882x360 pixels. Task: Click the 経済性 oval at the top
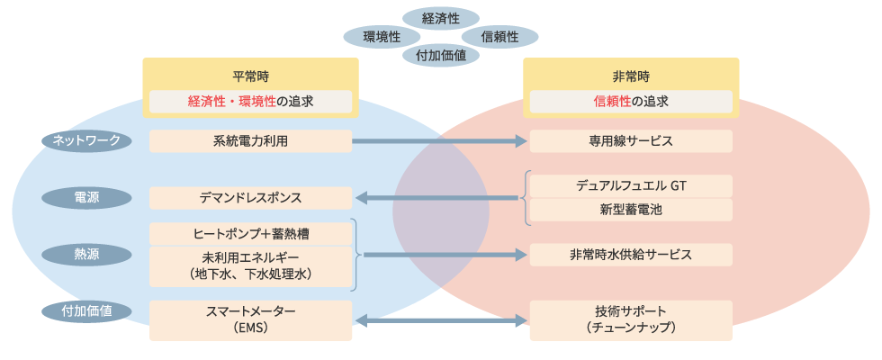point(440,17)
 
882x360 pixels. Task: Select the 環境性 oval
point(382,37)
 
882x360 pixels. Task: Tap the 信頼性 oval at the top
point(500,37)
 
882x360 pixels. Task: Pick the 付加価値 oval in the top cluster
point(440,56)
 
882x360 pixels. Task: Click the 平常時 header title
point(250,76)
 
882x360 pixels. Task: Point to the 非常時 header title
point(631,76)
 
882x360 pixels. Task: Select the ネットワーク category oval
point(86,141)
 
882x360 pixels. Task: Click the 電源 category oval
point(86,198)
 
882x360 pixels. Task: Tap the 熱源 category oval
point(86,255)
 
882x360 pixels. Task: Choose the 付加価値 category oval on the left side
point(86,311)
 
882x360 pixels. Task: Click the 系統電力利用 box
point(250,141)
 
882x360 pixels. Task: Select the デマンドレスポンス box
point(250,198)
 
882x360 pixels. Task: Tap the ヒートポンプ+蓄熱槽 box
point(250,233)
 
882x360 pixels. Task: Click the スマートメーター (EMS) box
point(250,320)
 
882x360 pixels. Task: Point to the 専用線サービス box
point(631,141)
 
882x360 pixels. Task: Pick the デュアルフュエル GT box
point(631,185)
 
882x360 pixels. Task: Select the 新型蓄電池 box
point(631,210)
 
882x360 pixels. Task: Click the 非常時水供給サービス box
point(631,255)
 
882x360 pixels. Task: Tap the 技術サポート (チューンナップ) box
point(631,320)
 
